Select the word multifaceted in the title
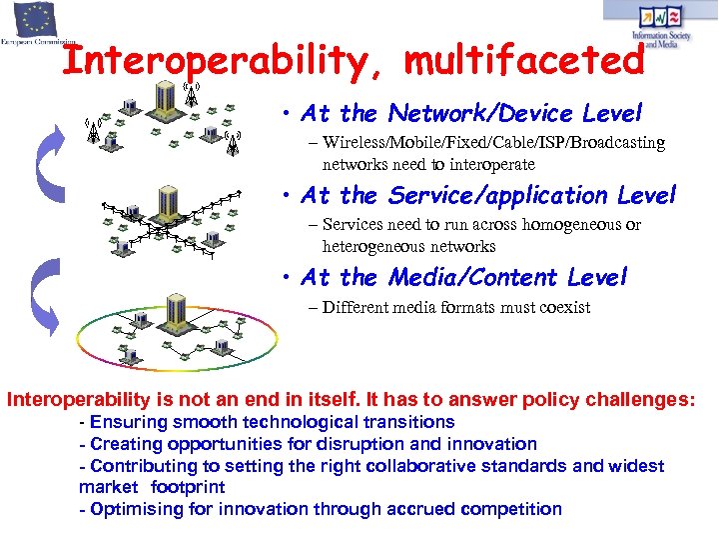point(525,59)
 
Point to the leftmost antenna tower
point(93,132)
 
